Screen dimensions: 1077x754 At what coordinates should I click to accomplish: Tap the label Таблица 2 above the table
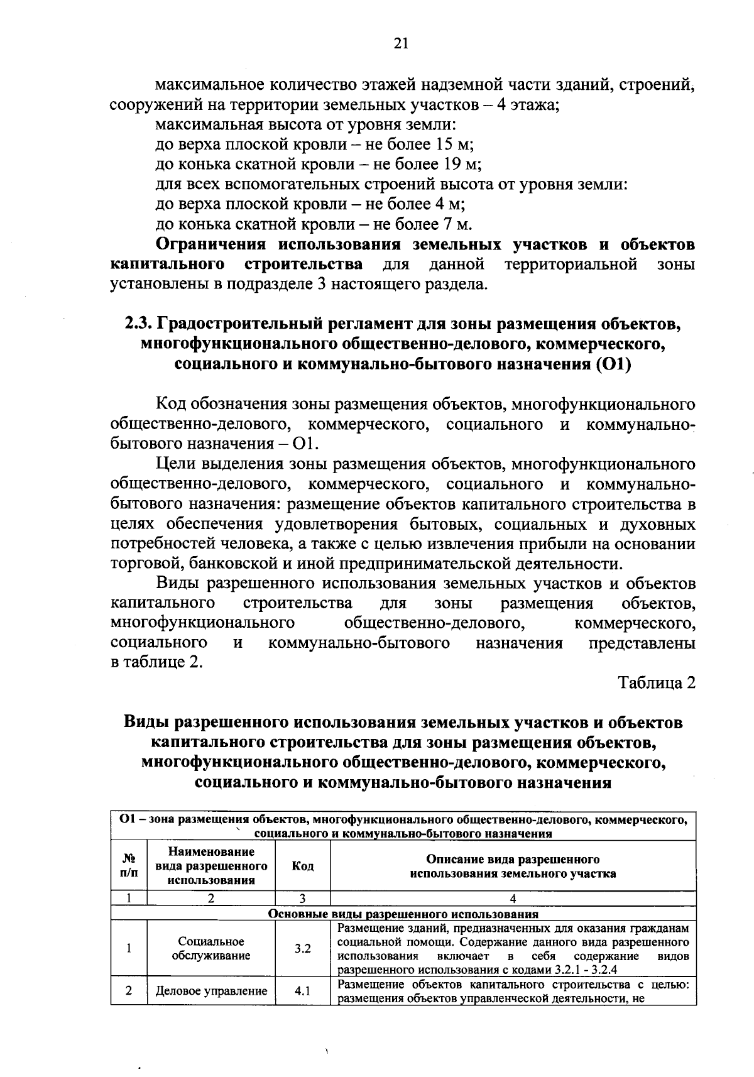657,683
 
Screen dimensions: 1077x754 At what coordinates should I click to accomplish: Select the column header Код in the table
302,867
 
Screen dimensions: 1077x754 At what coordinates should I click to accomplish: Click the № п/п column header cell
129,867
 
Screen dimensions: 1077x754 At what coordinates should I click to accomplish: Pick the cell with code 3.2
302,949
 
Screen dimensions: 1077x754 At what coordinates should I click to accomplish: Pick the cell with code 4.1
302,992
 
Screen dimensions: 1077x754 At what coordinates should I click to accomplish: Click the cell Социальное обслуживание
211,949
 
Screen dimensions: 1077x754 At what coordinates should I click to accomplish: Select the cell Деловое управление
211,992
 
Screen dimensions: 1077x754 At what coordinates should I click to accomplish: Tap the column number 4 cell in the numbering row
513,899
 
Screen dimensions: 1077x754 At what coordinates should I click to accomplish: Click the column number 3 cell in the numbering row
302,899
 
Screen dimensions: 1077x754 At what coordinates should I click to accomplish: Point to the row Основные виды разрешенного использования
403,914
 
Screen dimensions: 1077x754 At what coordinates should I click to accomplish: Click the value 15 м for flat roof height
451,144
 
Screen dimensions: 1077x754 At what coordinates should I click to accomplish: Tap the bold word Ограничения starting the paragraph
211,244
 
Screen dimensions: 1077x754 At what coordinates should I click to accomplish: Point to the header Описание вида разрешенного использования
513,867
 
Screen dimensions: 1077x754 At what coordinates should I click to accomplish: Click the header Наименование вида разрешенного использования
211,867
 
